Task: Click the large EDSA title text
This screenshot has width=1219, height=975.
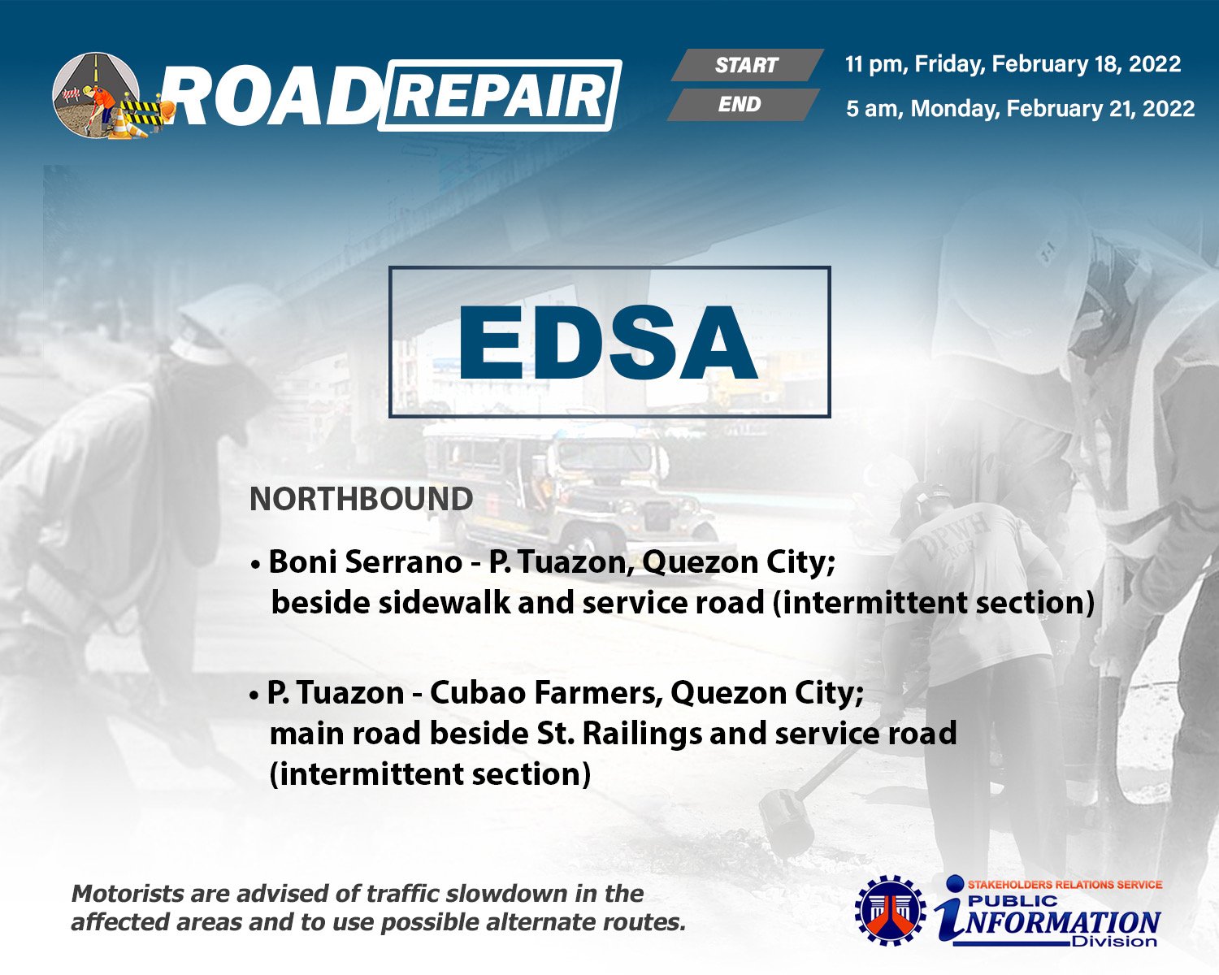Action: (x=608, y=342)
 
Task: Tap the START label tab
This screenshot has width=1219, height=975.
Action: (x=747, y=64)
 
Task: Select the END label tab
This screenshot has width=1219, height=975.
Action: (x=743, y=104)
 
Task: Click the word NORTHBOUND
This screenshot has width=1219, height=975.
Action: (x=362, y=499)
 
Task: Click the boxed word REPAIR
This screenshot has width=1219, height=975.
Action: (x=500, y=96)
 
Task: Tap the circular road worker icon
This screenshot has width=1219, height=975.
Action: (x=96, y=95)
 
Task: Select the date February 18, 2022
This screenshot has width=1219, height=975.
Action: (x=1087, y=64)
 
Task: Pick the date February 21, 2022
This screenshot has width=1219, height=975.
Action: (x=1100, y=108)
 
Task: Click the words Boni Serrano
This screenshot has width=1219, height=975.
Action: (x=366, y=562)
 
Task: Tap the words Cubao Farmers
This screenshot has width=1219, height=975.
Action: (x=546, y=693)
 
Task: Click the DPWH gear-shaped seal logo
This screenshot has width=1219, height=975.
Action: (x=891, y=911)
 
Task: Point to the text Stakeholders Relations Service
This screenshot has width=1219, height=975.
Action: (x=1065, y=884)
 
